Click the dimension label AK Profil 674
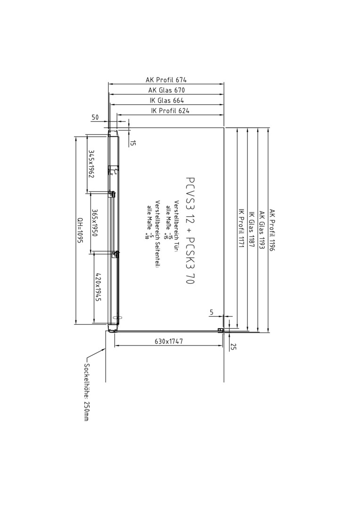click(166, 80)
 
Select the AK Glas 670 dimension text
click(166, 90)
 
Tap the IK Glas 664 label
click(166, 101)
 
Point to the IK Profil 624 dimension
click(170, 111)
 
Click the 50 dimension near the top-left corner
click(95, 117)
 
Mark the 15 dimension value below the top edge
click(132, 142)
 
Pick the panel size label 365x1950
click(95, 222)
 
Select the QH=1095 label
click(80, 230)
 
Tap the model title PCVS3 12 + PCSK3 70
click(190, 230)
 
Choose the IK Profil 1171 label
click(241, 229)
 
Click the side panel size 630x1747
click(169, 342)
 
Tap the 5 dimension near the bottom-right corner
click(212, 312)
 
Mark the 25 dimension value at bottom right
click(233, 347)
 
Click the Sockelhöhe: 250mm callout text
click(86, 393)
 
